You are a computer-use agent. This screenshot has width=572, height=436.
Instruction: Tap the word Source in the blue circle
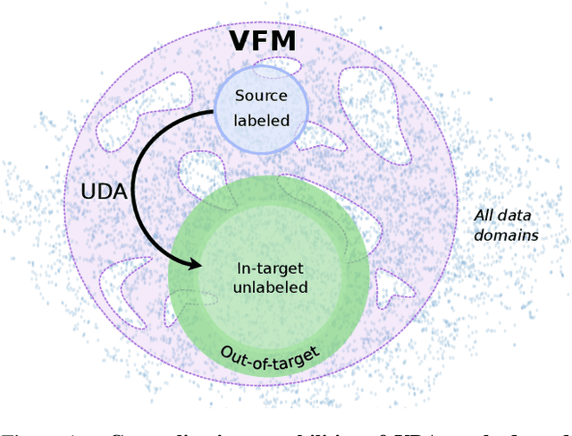click(262, 95)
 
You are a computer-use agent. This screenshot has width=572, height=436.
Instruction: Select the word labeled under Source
click(262, 119)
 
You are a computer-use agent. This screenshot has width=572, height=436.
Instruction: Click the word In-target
click(270, 267)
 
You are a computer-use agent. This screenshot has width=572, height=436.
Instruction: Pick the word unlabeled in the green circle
click(270, 287)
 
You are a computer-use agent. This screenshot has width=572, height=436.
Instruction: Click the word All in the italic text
click(484, 216)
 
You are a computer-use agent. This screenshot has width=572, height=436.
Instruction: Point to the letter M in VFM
click(287, 40)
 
